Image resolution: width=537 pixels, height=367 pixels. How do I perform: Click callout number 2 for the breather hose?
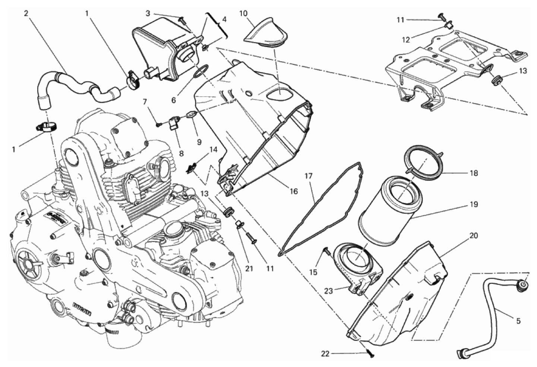coord(26,13)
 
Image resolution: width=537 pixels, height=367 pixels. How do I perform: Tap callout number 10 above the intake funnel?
coord(243,13)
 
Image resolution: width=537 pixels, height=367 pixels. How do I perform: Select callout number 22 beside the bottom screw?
coord(325,354)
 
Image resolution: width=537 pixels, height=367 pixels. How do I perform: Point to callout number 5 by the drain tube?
coord(518,321)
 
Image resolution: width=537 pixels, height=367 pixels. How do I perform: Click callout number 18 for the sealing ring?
coord(474,173)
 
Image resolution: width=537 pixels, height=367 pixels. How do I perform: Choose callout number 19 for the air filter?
coord(474,204)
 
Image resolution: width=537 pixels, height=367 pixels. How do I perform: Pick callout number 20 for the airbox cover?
coord(474,236)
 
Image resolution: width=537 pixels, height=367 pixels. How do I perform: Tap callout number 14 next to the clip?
coord(213,150)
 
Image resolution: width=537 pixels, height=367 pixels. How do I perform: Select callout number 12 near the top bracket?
coord(405,39)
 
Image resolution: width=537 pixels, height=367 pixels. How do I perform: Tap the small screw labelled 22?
coord(371,355)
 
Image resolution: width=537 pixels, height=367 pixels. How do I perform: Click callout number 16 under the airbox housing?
coord(294,191)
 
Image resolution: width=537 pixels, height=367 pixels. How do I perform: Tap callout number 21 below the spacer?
coord(249,268)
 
